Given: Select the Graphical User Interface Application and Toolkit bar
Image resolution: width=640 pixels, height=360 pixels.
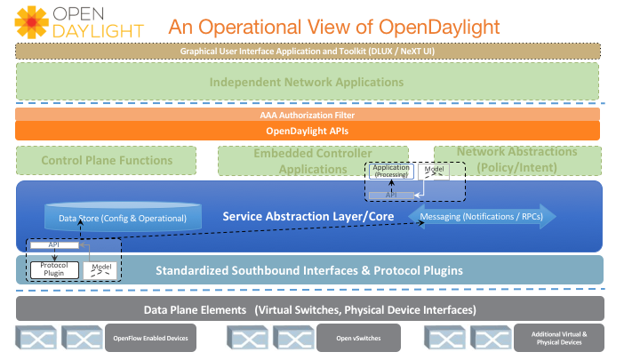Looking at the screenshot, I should (307, 51).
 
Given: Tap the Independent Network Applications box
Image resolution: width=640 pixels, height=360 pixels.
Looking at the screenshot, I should (307, 83).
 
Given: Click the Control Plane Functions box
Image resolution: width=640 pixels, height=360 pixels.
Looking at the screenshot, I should (107, 161).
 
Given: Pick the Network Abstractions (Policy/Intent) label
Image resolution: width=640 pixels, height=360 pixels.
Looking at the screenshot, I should (516, 159).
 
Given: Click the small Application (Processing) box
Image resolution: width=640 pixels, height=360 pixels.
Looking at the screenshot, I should (390, 171).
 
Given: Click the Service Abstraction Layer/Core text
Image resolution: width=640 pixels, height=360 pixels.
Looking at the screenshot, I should (298, 216).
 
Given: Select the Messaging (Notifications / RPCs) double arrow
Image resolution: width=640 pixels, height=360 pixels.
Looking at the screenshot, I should (481, 216).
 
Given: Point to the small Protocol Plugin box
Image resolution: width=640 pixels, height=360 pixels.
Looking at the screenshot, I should (54, 268).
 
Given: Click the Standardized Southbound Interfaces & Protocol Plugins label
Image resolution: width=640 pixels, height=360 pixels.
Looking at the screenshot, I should (309, 270).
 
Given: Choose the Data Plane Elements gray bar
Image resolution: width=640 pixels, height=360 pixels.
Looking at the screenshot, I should (309, 309).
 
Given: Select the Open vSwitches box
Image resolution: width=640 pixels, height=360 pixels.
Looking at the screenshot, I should (358, 339).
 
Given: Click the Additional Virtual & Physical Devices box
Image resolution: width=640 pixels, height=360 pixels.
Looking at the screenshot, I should (558, 339).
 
